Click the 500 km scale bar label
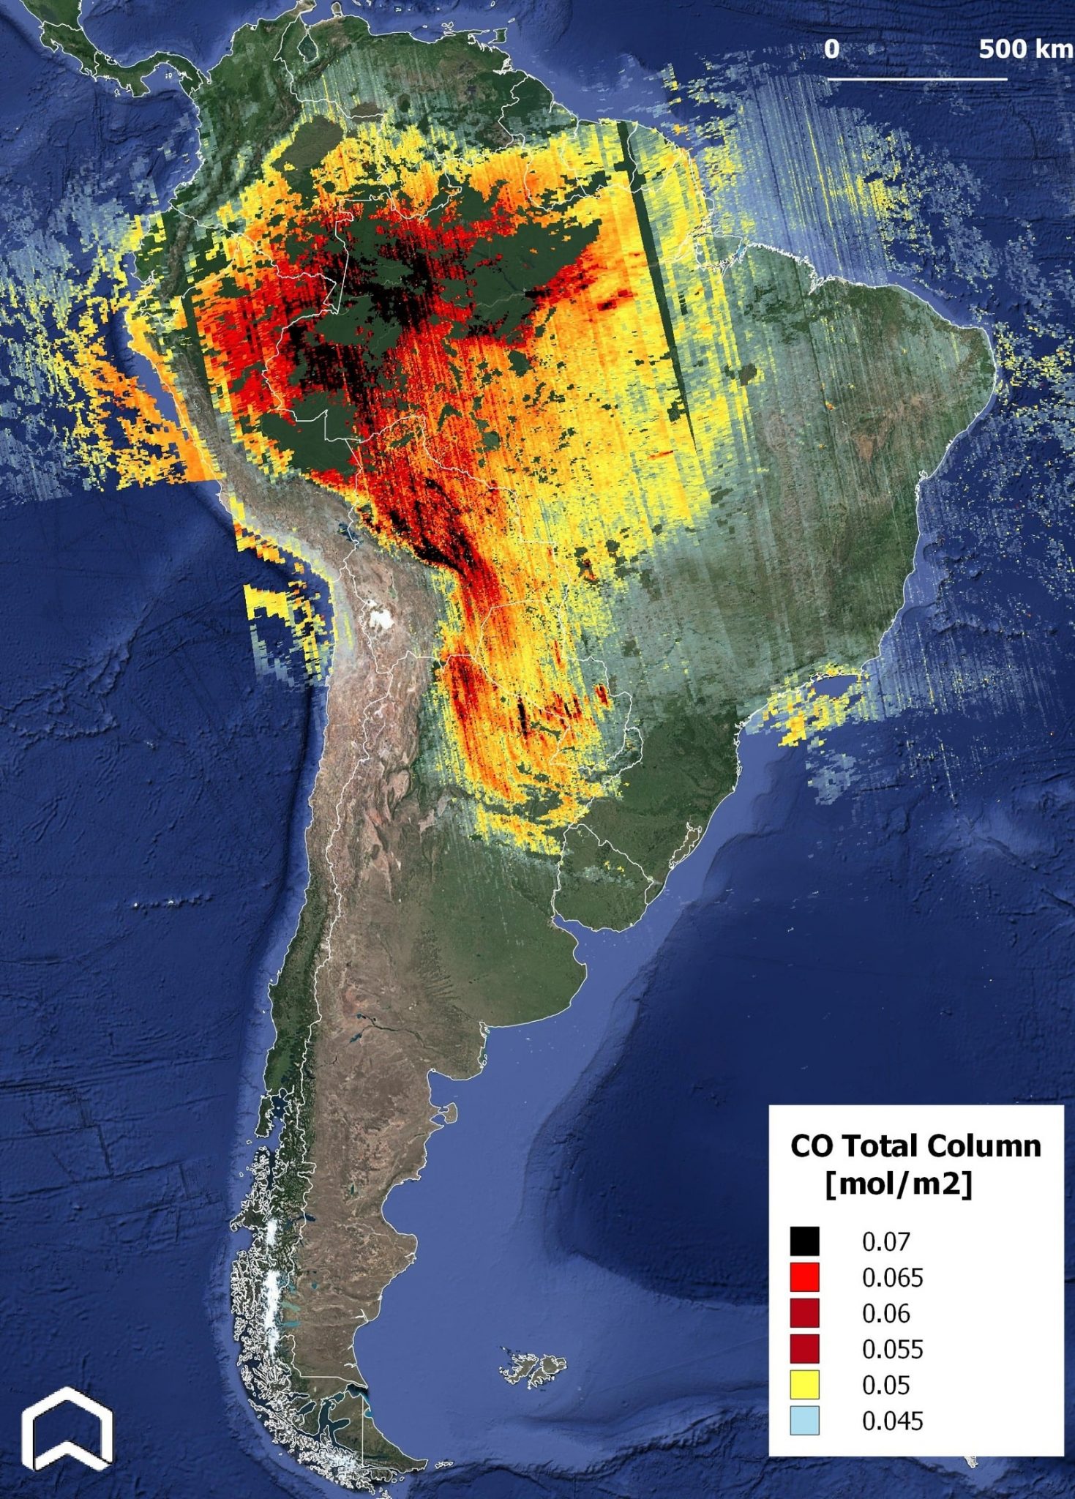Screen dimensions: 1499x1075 click(1025, 50)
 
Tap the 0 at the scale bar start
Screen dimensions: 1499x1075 click(831, 50)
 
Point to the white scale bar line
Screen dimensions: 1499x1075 click(918, 78)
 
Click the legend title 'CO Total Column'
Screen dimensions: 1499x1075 click(915, 1146)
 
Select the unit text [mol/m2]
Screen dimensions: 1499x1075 click(899, 1184)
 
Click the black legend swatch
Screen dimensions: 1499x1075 click(804, 1241)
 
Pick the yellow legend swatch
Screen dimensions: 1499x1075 click(804, 1385)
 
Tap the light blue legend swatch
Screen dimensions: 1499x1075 click(804, 1421)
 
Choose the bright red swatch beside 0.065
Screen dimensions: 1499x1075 click(804, 1277)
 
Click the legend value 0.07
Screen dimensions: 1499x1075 click(885, 1242)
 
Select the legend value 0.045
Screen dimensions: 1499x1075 click(892, 1421)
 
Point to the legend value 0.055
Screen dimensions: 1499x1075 click(892, 1350)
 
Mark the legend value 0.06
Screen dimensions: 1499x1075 click(885, 1314)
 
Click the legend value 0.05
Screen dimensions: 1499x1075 click(885, 1386)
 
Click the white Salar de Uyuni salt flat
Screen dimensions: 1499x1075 click(379, 618)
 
